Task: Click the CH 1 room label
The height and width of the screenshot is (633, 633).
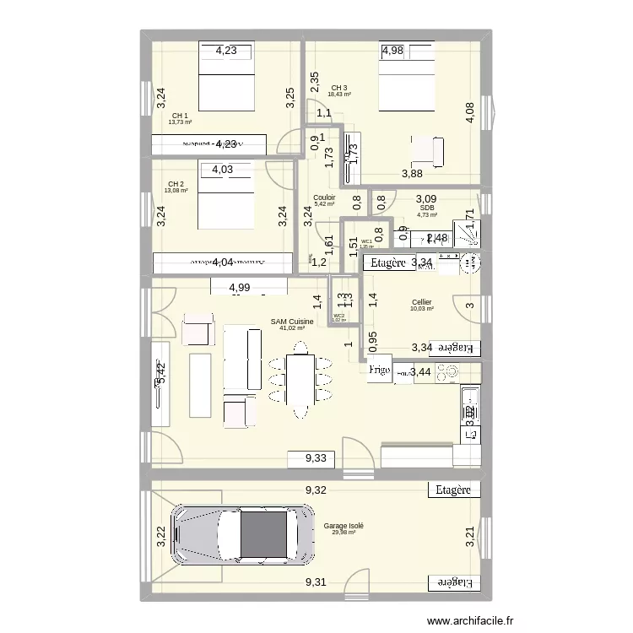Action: [180, 116]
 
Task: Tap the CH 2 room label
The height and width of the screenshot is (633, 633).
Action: [176, 184]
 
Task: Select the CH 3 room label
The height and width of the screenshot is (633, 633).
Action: [339, 88]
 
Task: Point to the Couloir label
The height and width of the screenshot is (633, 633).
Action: [324, 197]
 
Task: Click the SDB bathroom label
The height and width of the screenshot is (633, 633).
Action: [426, 207]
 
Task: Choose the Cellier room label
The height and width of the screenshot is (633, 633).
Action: [422, 302]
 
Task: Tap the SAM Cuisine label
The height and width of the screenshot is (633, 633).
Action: [292, 322]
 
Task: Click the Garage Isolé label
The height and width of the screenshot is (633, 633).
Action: [343, 525]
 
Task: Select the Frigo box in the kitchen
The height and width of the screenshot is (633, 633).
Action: [380, 370]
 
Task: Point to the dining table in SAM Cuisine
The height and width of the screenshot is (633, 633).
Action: [300, 384]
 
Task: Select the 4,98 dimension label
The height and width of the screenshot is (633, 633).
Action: [393, 51]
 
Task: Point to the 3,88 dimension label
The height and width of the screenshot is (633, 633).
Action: [412, 174]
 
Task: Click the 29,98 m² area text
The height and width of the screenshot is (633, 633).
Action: [343, 532]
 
